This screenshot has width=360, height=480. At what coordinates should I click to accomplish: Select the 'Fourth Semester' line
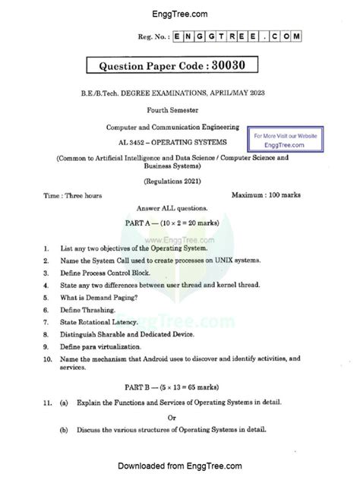coord(180,109)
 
